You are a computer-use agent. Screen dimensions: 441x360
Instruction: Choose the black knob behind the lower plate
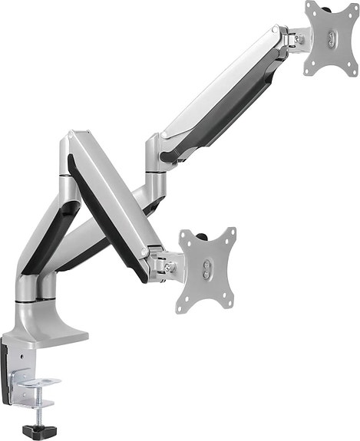click(x=206, y=232)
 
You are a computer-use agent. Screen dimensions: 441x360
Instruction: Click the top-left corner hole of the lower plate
click(x=185, y=244)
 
